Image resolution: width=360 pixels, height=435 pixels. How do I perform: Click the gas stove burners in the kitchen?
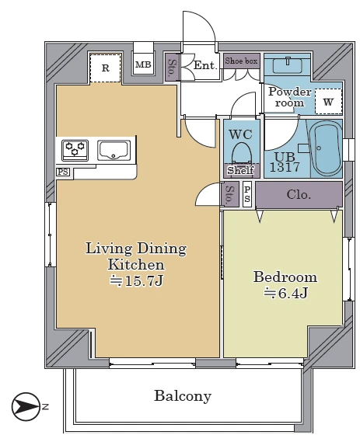coord(75,151)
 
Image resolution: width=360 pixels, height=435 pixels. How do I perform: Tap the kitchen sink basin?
coord(114,151)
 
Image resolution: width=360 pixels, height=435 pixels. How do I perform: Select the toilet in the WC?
coord(241,153)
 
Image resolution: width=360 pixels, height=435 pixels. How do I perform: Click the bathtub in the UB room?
coord(325,148)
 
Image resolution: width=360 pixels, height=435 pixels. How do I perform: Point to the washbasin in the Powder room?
coord(288,65)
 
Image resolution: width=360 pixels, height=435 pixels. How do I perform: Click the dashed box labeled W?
coord(328,102)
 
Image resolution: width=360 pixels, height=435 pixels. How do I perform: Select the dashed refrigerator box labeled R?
coord(105,68)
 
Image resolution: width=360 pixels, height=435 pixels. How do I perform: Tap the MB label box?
coord(143,64)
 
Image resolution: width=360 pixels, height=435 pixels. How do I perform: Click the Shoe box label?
coord(241,61)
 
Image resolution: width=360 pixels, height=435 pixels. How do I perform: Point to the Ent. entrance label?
coord(204,65)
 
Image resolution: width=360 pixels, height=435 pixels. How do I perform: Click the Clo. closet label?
coord(299,195)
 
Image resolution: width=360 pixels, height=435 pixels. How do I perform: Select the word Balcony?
coord(183,396)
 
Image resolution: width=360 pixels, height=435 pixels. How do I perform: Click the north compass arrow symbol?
coord(26,407)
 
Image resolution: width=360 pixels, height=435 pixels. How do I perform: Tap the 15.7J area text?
coord(136,281)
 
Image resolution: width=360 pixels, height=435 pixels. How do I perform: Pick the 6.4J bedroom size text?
coord(285,293)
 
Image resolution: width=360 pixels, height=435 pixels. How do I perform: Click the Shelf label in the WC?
coord(241,170)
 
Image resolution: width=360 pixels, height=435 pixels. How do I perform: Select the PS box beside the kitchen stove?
coord(63,172)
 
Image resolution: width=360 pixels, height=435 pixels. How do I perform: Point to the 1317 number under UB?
coord(285,167)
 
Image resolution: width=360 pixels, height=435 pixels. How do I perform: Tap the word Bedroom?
coord(285,277)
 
